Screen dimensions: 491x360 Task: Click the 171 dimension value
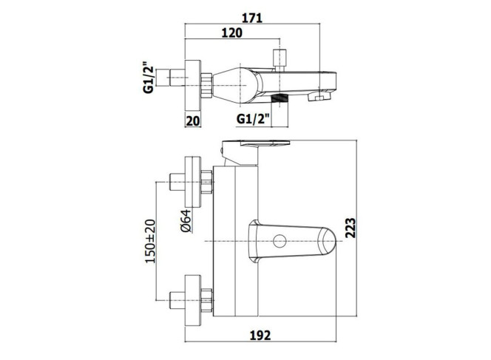[x=252, y=18]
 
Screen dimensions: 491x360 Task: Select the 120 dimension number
[x=231, y=33]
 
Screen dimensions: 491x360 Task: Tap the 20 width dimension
[x=193, y=120]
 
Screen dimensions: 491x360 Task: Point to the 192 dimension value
[x=260, y=336]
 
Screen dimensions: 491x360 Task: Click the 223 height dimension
[x=351, y=228]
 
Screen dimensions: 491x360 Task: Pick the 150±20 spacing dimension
[x=150, y=241]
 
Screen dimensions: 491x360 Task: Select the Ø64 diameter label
[x=186, y=221]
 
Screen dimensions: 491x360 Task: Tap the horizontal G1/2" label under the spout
[x=253, y=119]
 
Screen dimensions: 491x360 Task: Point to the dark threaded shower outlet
[x=280, y=98]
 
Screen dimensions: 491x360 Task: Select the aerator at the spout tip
[x=319, y=96]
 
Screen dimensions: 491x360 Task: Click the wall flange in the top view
[x=193, y=85]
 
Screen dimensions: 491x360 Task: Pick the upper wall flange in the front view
[x=193, y=182]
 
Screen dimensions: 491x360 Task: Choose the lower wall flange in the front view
[x=193, y=301]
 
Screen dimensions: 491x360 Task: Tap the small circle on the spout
[x=280, y=242]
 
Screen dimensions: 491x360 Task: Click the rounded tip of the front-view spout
[x=328, y=241]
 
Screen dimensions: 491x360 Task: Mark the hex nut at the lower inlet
[x=206, y=301]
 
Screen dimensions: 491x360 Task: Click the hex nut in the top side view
[x=206, y=85]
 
